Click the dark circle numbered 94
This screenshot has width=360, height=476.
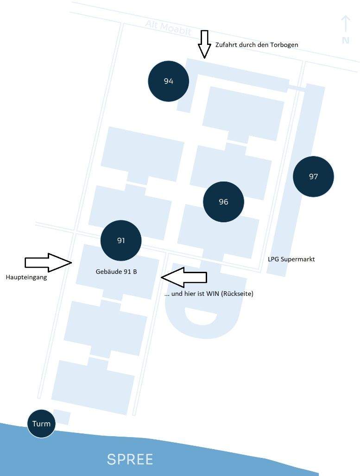pyautogui.click(x=168, y=81)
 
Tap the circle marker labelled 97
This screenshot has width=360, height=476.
pyautogui.click(x=313, y=176)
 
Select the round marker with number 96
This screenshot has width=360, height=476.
pyautogui.click(x=223, y=201)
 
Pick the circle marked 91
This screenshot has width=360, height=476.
pyautogui.click(x=121, y=240)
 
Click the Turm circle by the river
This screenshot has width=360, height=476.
pyautogui.click(x=41, y=423)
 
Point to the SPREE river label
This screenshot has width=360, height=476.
pyautogui.click(x=130, y=459)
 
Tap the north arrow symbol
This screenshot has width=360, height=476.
pyautogui.click(x=345, y=24)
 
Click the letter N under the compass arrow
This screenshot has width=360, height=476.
pyautogui.click(x=345, y=40)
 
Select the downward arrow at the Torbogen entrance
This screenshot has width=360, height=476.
pyautogui.click(x=203, y=44)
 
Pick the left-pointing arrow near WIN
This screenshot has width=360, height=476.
pyautogui.click(x=184, y=277)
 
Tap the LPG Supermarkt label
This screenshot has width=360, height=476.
pyautogui.click(x=291, y=259)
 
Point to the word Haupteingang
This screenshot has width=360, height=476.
pyautogui.click(x=26, y=277)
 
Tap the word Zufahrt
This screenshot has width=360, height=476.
pyautogui.click(x=226, y=45)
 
